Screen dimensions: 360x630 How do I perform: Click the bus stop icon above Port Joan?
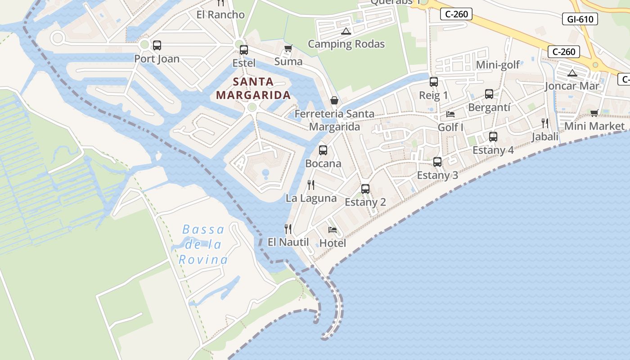[157, 45]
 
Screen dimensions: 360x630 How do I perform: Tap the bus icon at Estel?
[244, 49]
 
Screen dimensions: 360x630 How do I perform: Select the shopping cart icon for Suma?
[288, 48]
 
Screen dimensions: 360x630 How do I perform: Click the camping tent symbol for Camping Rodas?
[346, 31]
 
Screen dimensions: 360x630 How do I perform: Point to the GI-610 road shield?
[580, 19]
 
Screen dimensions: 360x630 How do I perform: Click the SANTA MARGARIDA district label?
[253, 88]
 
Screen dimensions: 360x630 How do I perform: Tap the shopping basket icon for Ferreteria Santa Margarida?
[334, 100]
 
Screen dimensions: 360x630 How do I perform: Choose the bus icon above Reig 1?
[434, 82]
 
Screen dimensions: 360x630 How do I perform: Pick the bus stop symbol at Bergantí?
[489, 94]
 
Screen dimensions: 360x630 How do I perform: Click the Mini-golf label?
[498, 65]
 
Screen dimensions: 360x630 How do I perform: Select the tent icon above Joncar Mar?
[572, 72]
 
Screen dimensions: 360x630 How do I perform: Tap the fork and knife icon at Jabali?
[544, 123]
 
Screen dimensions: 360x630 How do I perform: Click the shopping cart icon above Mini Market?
[594, 113]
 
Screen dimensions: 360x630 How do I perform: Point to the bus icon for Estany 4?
[493, 136]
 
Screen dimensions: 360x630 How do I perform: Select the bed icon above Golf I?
[450, 114]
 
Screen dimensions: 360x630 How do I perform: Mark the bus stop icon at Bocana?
[323, 150]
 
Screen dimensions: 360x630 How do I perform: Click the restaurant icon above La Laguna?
[311, 184]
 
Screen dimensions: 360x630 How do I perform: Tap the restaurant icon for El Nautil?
[288, 229]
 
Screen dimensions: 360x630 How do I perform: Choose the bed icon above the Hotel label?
[333, 229]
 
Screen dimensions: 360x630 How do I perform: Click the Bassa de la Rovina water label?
[203, 244]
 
